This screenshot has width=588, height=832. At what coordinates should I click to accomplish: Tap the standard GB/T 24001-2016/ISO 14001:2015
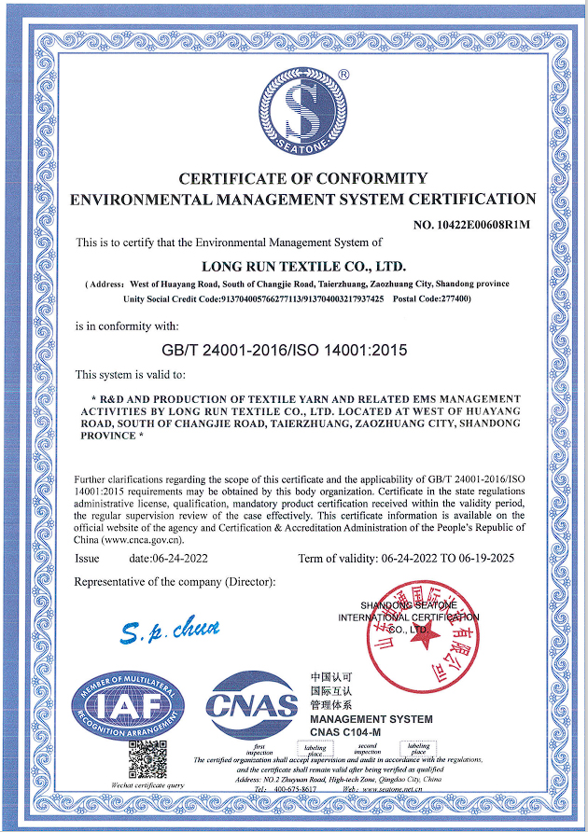[285, 351]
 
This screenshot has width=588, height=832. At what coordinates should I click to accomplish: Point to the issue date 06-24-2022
[168, 558]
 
